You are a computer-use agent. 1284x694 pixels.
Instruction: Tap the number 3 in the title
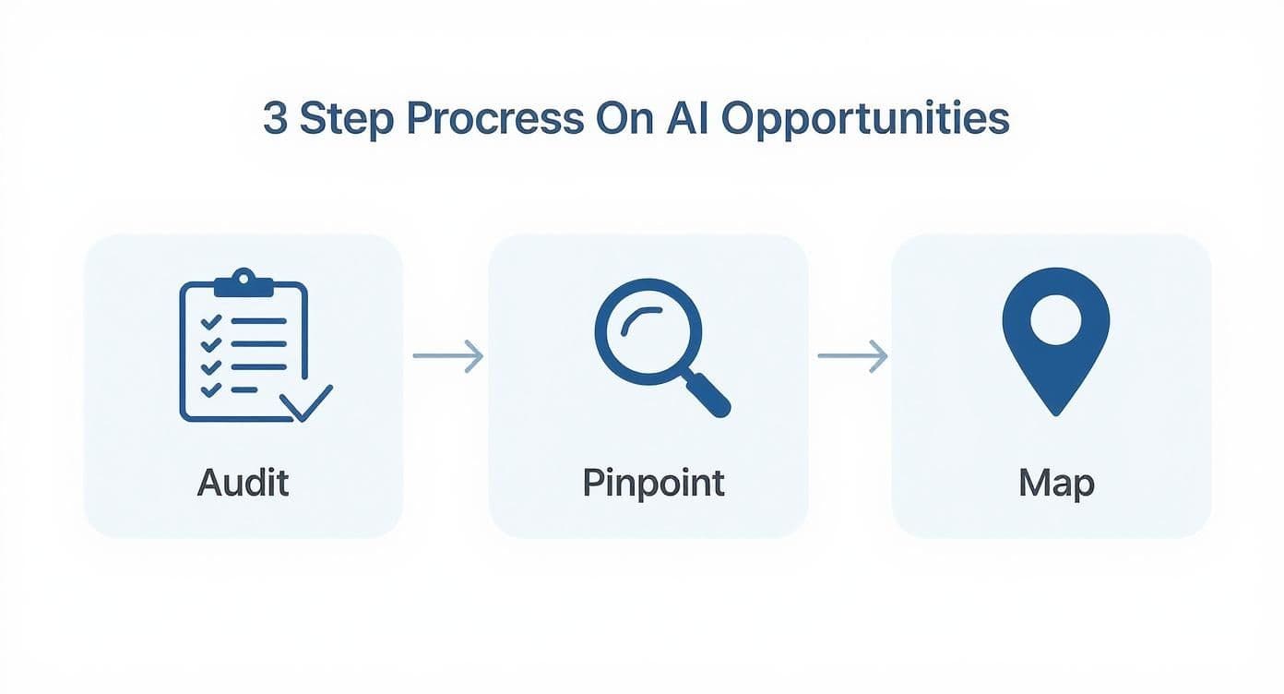click(274, 120)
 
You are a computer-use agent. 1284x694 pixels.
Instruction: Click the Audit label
click(243, 482)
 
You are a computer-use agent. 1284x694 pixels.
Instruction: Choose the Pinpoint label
click(653, 482)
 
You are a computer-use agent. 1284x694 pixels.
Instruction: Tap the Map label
click(1056, 482)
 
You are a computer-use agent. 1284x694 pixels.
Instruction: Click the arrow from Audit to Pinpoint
click(447, 355)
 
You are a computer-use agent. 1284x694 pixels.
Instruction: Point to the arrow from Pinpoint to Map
click(852, 355)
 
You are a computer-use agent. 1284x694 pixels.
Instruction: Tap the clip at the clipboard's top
click(244, 281)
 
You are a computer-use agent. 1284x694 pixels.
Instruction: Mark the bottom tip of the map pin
click(1055, 413)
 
